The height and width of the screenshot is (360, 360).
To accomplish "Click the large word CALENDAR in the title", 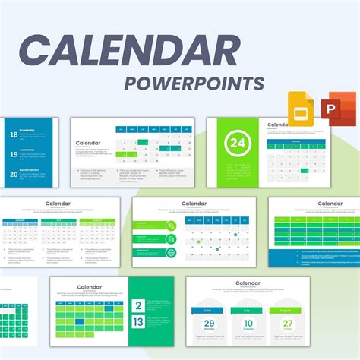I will [130, 51].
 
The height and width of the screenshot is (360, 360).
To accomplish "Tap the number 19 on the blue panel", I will [13, 154].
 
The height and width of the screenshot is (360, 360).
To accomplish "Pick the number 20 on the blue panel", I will [13, 173].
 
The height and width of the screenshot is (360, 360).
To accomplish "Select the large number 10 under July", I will [249, 324].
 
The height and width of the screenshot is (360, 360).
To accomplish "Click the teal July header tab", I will [249, 310].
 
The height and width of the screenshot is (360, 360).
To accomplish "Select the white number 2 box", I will [138, 307].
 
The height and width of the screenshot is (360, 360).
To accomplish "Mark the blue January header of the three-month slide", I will [14, 221].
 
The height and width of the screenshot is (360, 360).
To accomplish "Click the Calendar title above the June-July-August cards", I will [248, 283].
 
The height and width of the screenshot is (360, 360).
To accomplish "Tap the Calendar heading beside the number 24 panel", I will [277, 125].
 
